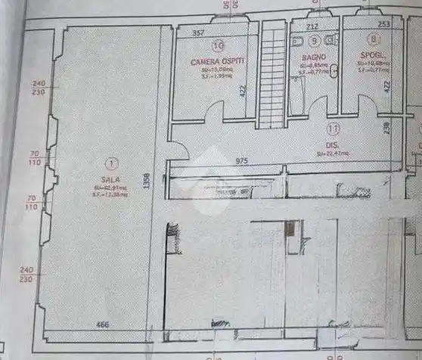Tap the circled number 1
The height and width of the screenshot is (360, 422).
(x=111, y=162)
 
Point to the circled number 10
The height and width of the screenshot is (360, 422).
(x=219, y=45)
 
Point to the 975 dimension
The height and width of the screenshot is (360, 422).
(x=242, y=161)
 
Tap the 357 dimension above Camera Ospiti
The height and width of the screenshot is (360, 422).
(x=198, y=34)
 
